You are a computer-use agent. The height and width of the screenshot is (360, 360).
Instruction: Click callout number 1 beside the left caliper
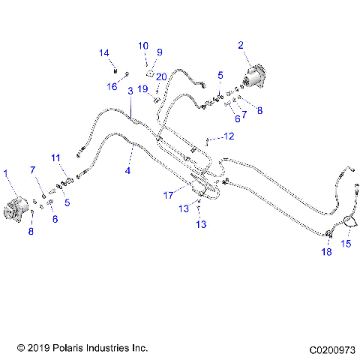(x=7, y=173)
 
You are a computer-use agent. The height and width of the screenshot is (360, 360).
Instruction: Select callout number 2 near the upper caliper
(x=241, y=45)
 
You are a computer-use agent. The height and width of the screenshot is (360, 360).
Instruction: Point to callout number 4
(x=127, y=170)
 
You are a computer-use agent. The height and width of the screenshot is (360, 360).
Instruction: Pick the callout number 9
(x=159, y=52)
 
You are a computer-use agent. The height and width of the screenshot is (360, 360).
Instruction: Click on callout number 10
(x=143, y=46)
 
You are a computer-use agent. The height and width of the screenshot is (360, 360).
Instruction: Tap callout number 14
(x=105, y=52)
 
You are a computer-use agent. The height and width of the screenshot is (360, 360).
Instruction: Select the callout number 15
(x=346, y=243)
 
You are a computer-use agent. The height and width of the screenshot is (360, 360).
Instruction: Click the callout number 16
(x=112, y=86)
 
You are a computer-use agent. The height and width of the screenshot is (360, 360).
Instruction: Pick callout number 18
(x=326, y=253)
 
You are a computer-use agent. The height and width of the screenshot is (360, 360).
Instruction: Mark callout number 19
(x=142, y=88)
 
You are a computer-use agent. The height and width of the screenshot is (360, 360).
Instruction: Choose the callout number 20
(x=160, y=76)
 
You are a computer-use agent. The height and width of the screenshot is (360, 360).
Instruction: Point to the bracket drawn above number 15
(x=348, y=223)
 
